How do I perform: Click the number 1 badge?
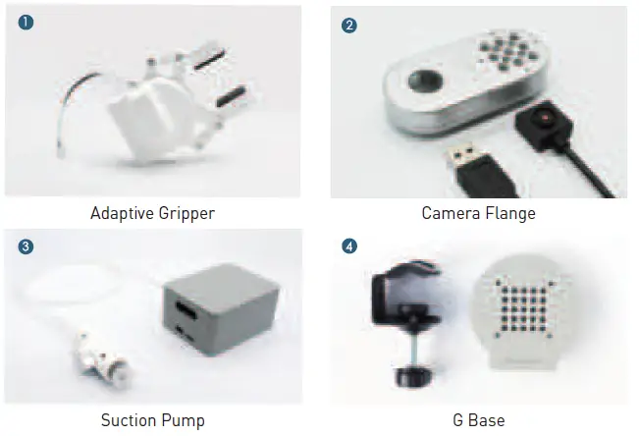[26, 24]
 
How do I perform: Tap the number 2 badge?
[349, 25]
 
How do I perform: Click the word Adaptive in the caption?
[124, 212]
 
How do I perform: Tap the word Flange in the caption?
[510, 212]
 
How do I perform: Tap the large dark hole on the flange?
[426, 81]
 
